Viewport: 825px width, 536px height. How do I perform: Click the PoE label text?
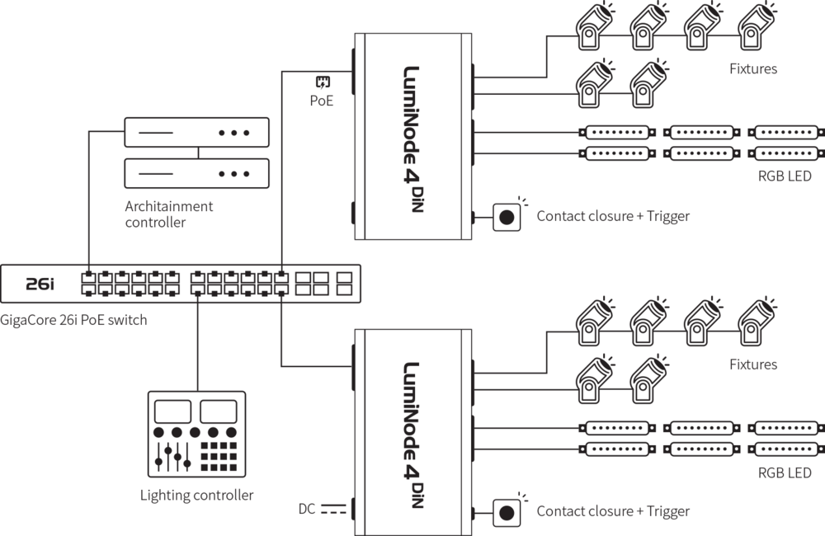[323, 103]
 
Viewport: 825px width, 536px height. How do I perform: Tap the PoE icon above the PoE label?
[323, 82]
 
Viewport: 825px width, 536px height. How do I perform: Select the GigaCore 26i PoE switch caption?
[73, 319]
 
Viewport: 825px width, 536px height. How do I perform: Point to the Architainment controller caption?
[168, 214]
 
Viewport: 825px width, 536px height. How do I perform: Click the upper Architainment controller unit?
[197, 132]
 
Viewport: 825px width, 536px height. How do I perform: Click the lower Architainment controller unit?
[197, 172]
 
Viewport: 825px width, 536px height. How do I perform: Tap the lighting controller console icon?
[196, 434]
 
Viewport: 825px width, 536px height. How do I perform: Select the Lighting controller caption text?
[196, 495]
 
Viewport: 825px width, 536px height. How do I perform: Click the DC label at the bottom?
[307, 509]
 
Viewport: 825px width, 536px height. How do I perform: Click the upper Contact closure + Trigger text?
[613, 216]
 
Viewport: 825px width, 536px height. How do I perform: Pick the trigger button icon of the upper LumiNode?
[507, 217]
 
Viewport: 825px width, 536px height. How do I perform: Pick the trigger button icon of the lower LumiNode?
[507, 512]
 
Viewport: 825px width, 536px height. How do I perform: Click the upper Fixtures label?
[753, 68]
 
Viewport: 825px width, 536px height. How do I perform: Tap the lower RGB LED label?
[785, 473]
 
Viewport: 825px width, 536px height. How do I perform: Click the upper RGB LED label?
[785, 176]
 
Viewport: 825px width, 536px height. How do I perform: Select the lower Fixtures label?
[753, 364]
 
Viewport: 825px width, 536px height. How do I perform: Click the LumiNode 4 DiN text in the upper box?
[413, 139]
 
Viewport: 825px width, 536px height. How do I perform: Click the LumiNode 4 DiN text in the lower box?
[413, 435]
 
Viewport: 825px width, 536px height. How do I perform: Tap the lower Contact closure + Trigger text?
[613, 511]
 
